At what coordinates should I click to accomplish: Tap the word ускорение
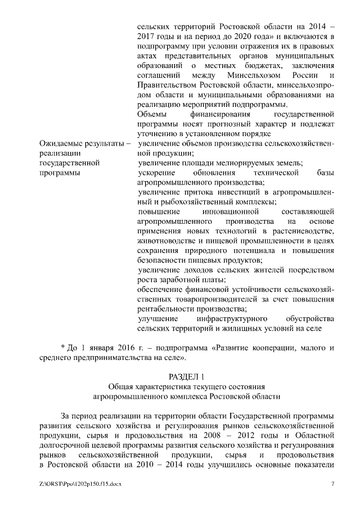click(x=154, y=173)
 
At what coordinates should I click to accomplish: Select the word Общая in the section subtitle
click(x=119, y=386)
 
